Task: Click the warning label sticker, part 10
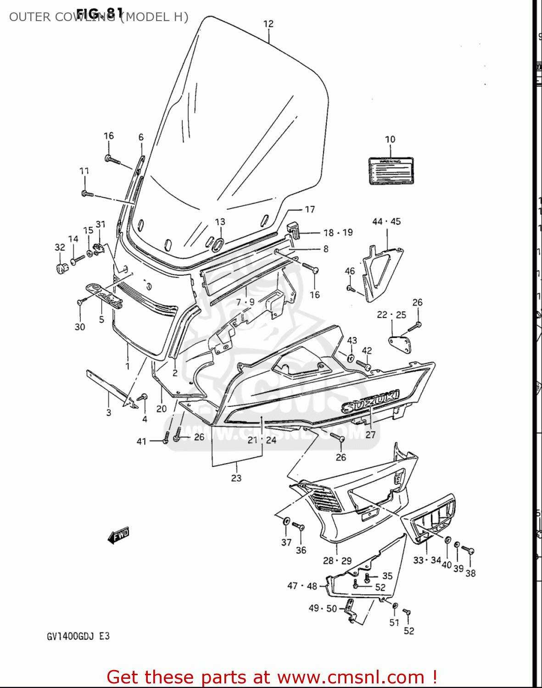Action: pos(391,171)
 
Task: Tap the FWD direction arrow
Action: pos(119,535)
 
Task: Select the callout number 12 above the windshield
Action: pos(268,23)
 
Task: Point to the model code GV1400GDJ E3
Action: pos(78,636)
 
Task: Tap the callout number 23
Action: pos(236,478)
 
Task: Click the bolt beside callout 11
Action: pos(87,194)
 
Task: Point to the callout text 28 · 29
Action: pos(337,560)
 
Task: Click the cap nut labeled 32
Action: pos(60,268)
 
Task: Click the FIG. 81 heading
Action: pos(100,13)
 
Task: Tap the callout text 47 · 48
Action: pos(302,586)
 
